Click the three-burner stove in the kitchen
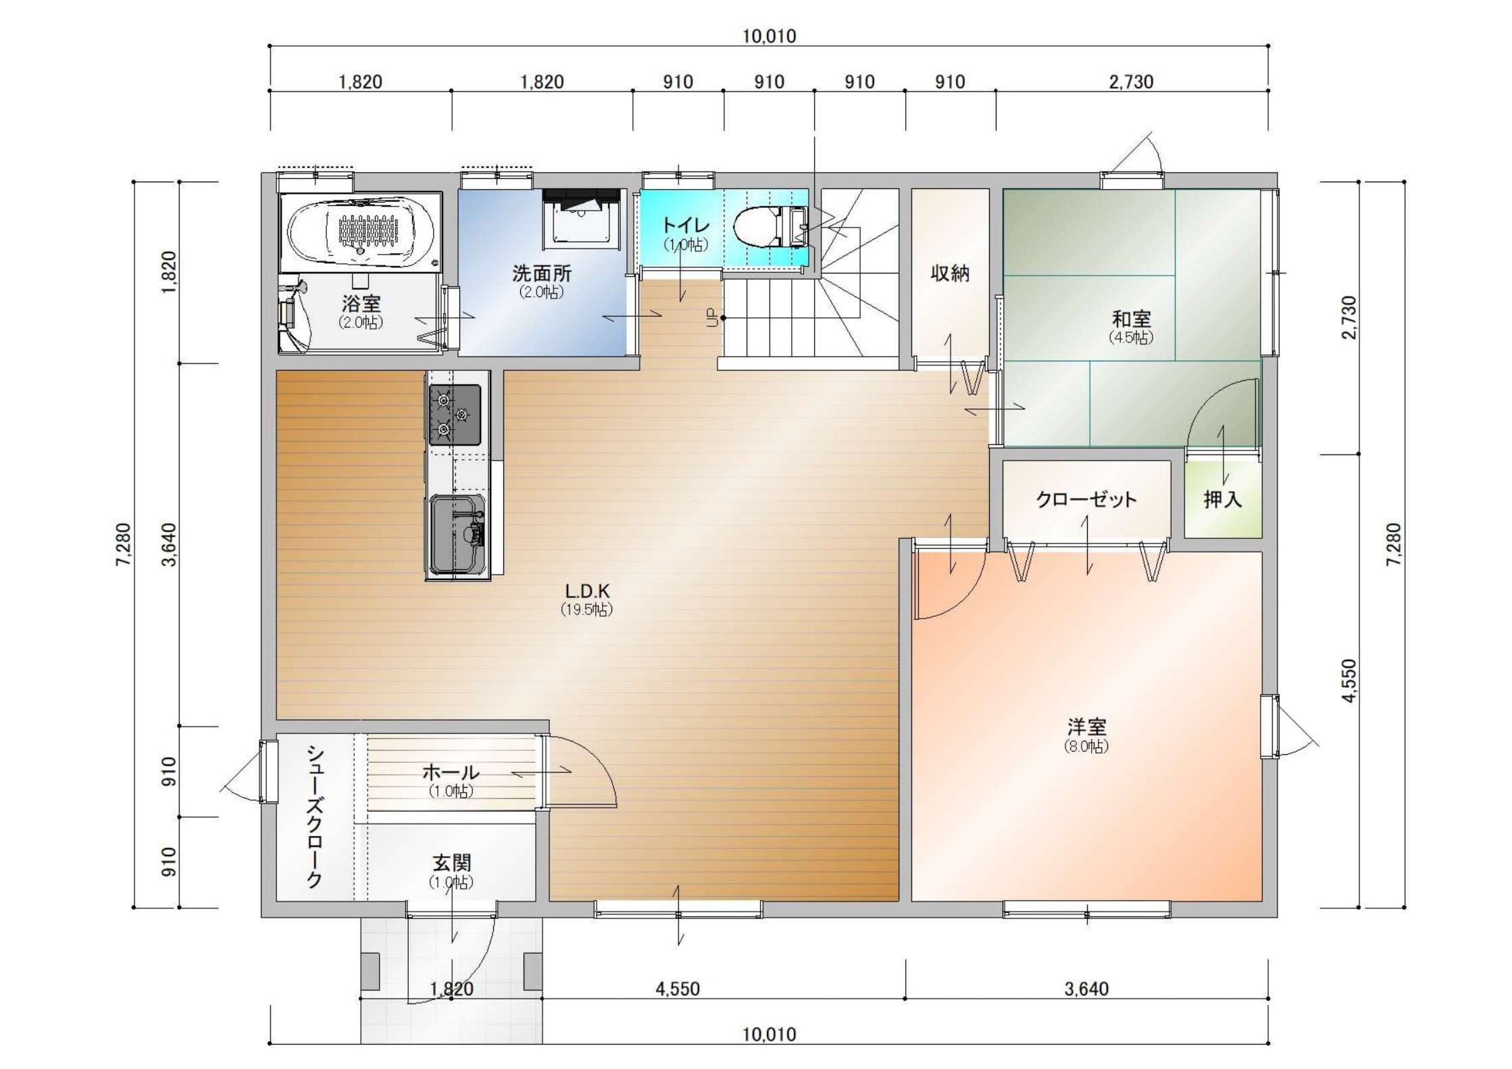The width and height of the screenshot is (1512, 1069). [x=455, y=415]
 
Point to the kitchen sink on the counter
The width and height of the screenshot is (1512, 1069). [x=457, y=533]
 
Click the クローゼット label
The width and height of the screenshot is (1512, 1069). [x=1086, y=500]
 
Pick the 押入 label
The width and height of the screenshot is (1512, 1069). [x=1222, y=500]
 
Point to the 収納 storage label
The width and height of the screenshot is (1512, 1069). [x=950, y=273]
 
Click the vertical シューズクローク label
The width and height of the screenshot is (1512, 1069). [x=314, y=816]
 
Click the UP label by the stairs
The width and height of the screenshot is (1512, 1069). [x=711, y=317]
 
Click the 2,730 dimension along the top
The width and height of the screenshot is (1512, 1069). [x=1131, y=82]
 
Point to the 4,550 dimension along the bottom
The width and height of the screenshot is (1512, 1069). [x=678, y=989]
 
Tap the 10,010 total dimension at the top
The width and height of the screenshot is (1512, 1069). [x=769, y=36]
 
